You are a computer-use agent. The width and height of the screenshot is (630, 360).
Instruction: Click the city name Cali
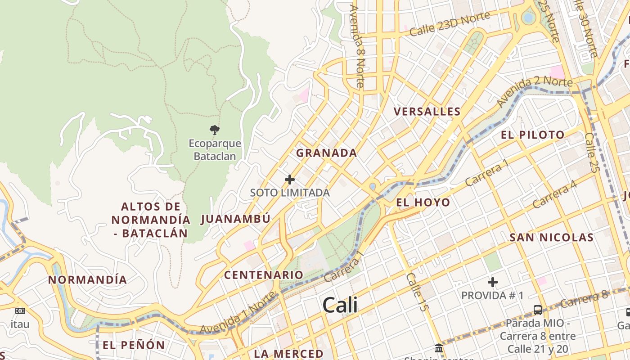point(340,305)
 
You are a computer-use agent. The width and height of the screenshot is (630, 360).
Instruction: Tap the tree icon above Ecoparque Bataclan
point(215,130)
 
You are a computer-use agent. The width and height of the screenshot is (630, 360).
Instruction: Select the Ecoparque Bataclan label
point(215,150)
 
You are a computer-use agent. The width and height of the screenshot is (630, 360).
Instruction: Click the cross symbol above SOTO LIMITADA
point(290,180)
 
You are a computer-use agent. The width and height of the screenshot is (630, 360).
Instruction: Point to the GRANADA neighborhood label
point(326,153)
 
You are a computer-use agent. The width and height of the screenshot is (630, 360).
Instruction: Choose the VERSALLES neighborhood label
point(427,112)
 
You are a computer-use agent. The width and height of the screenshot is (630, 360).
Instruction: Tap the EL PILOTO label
point(533,135)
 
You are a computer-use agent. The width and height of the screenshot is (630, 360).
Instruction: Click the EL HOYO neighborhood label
point(423,202)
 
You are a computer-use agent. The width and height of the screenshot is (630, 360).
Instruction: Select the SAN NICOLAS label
point(551,238)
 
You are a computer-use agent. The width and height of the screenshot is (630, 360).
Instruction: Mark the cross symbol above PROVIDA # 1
point(493,283)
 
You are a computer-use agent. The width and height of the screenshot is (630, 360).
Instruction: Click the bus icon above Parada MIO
point(538,310)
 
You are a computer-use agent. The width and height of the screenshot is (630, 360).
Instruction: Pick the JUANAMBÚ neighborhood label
point(235,219)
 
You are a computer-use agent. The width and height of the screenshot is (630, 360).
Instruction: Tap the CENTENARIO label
point(264,275)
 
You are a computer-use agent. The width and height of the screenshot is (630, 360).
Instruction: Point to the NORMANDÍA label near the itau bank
point(87,280)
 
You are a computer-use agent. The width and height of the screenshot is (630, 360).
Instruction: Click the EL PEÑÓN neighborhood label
point(134,345)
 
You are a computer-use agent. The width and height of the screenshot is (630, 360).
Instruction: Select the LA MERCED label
point(288,354)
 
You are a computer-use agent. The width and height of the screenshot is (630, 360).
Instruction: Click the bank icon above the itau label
point(20,311)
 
